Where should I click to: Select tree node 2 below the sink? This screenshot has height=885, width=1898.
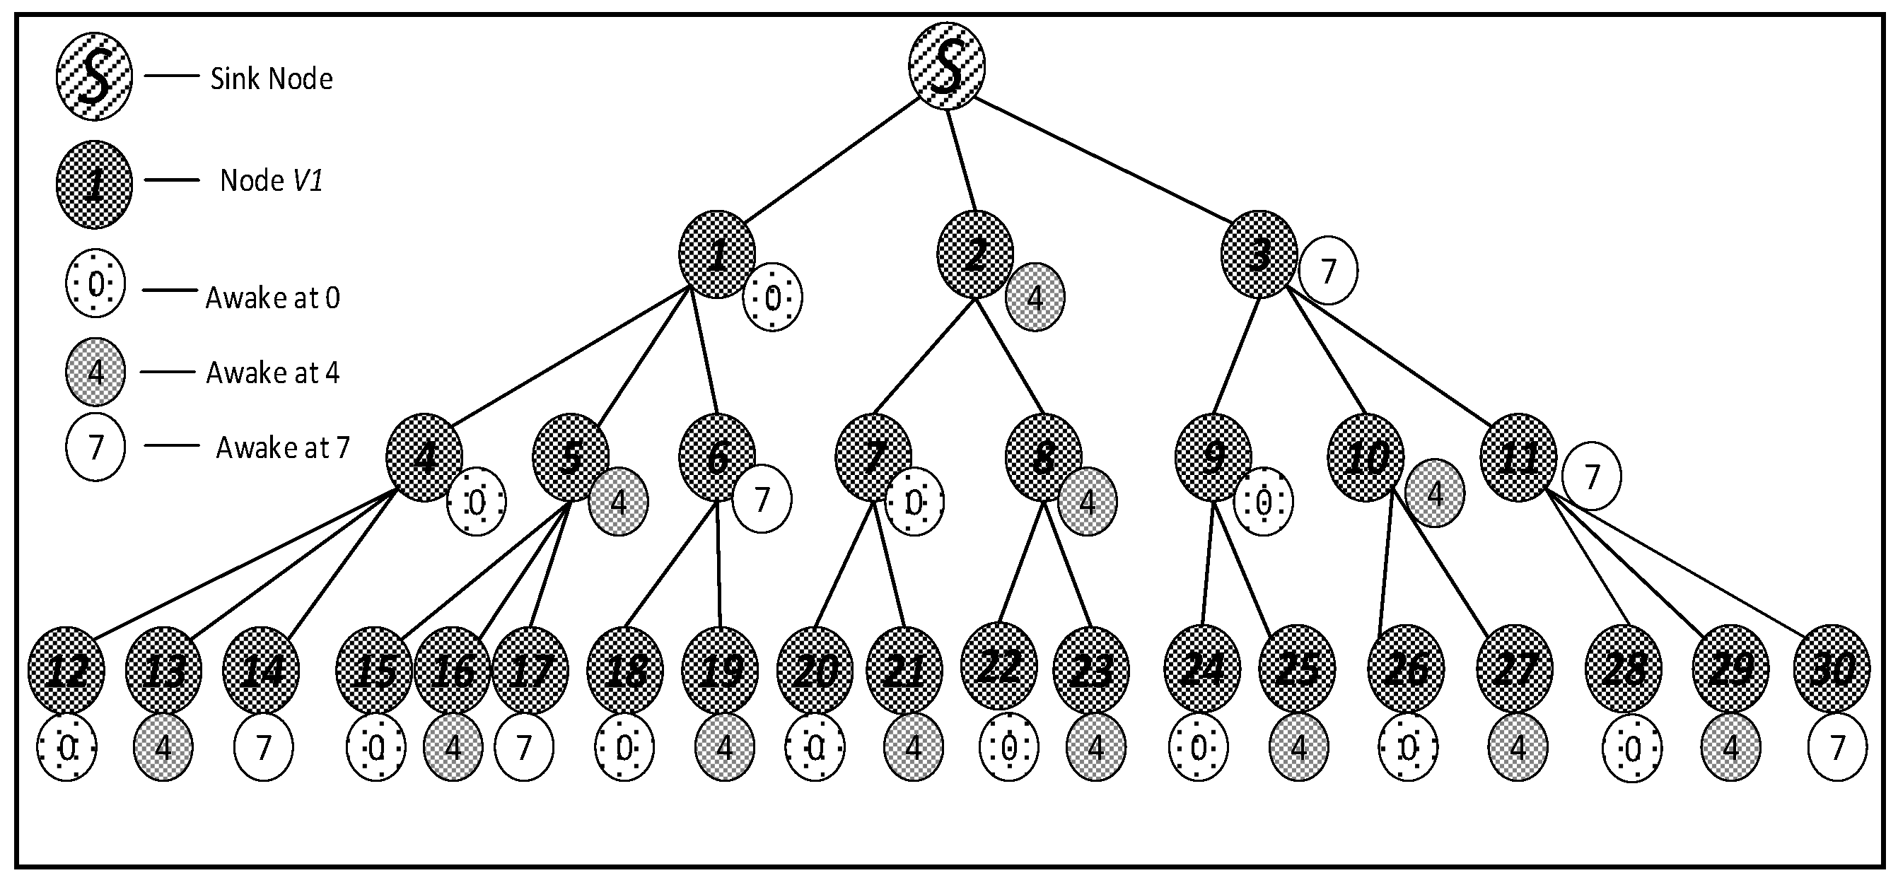coord(974,254)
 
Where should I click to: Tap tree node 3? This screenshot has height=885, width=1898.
coord(1259,254)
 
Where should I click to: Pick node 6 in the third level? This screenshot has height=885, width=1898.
coord(717,457)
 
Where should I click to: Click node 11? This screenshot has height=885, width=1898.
coord(1518,457)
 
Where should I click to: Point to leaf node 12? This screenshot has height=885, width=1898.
coord(66,670)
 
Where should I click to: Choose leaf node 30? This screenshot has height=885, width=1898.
coord(1832,669)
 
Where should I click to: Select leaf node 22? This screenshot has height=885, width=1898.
coord(999,666)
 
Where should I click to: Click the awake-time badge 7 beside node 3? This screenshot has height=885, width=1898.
coord(1329,271)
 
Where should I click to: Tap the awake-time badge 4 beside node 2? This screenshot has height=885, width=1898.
coord(1035,298)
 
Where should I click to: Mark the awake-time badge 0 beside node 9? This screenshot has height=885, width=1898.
coord(1264,502)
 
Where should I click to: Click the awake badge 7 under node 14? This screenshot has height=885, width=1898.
coord(263,747)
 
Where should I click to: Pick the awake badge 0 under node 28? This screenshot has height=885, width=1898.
coord(1632,749)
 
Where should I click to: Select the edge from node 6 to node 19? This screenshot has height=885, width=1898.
coord(718,563)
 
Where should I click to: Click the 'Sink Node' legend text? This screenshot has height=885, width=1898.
coord(271,78)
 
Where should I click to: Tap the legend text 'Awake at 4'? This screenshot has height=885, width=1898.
coord(273,373)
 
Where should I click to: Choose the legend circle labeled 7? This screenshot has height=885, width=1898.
coord(95,447)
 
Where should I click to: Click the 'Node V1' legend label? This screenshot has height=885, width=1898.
coord(271,180)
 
